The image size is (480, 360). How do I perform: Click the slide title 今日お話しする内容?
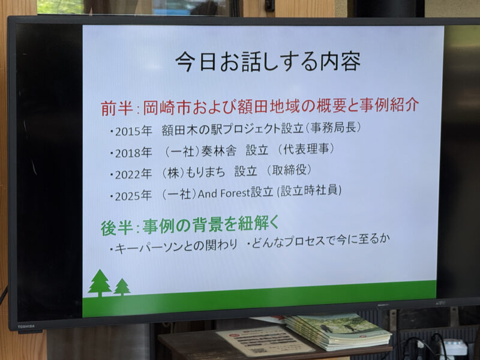point(268,62)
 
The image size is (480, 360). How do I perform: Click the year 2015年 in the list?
point(133,131)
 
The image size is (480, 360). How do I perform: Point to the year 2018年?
point(133,153)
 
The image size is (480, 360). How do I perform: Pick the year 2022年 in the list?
point(133,174)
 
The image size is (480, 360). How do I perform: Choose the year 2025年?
point(133,196)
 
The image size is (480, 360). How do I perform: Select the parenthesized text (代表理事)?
point(306,149)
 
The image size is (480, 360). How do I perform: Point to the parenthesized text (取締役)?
point(289,170)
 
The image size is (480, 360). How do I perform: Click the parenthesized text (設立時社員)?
point(309,191)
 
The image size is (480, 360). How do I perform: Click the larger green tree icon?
point(100,283)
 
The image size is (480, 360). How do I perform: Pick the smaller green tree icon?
point(122,287)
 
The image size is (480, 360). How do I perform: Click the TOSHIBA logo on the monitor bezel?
point(26,326)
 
